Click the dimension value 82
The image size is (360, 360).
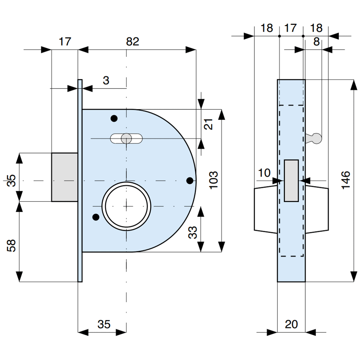(132, 42)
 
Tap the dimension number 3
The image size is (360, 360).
(106, 80)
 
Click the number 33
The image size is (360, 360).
(193, 233)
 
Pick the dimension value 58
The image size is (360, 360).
(12, 246)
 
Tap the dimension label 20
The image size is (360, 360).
(291, 324)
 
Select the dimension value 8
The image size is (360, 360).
(316, 42)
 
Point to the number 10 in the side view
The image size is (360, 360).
(264, 173)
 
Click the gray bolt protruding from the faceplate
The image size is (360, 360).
(65, 177)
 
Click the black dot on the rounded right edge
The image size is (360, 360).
(189, 180)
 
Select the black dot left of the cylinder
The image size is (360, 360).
(96, 217)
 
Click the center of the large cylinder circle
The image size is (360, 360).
(126, 206)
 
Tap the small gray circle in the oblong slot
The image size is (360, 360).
(126, 138)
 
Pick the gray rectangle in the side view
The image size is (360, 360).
(291, 180)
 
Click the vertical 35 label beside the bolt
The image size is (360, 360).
(12, 180)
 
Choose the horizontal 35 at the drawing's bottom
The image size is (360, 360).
(104, 324)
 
